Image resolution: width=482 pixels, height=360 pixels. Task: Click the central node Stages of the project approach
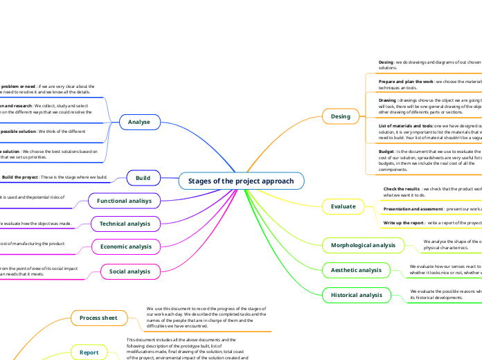pyautogui.click(x=241, y=181)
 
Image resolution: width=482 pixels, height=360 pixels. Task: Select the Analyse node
pyautogui.click(x=139, y=122)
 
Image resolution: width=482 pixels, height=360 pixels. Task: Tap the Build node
pyautogui.click(x=143, y=178)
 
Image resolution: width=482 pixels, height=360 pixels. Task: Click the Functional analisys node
pyautogui.click(x=125, y=200)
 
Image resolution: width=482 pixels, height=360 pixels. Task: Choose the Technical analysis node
pyautogui.click(x=125, y=223)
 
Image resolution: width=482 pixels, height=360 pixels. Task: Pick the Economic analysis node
pyautogui.click(x=125, y=246)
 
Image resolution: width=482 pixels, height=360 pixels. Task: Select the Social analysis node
pyautogui.click(x=130, y=271)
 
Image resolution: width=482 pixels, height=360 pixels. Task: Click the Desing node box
pyautogui.click(x=341, y=116)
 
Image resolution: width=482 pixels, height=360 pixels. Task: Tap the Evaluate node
pyautogui.click(x=343, y=206)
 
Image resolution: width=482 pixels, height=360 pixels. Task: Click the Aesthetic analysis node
pyautogui.click(x=357, y=269)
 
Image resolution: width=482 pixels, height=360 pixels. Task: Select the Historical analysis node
pyautogui.click(x=357, y=295)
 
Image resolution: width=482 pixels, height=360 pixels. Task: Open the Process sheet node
pyautogui.click(x=98, y=318)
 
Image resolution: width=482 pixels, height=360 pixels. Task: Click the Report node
pyautogui.click(x=89, y=352)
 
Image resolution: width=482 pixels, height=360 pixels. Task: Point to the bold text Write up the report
pyautogui.click(x=404, y=223)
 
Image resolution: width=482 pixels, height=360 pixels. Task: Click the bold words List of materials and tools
pyautogui.click(x=405, y=125)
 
